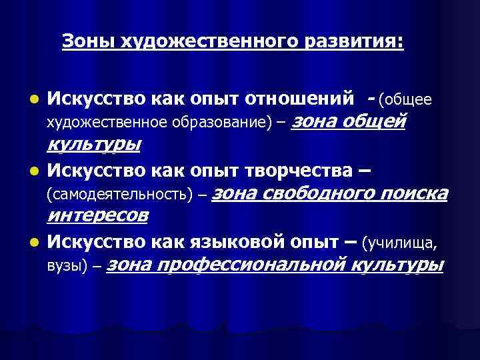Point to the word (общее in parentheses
click(405, 101)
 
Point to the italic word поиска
click(415, 194)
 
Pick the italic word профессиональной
click(259, 265)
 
